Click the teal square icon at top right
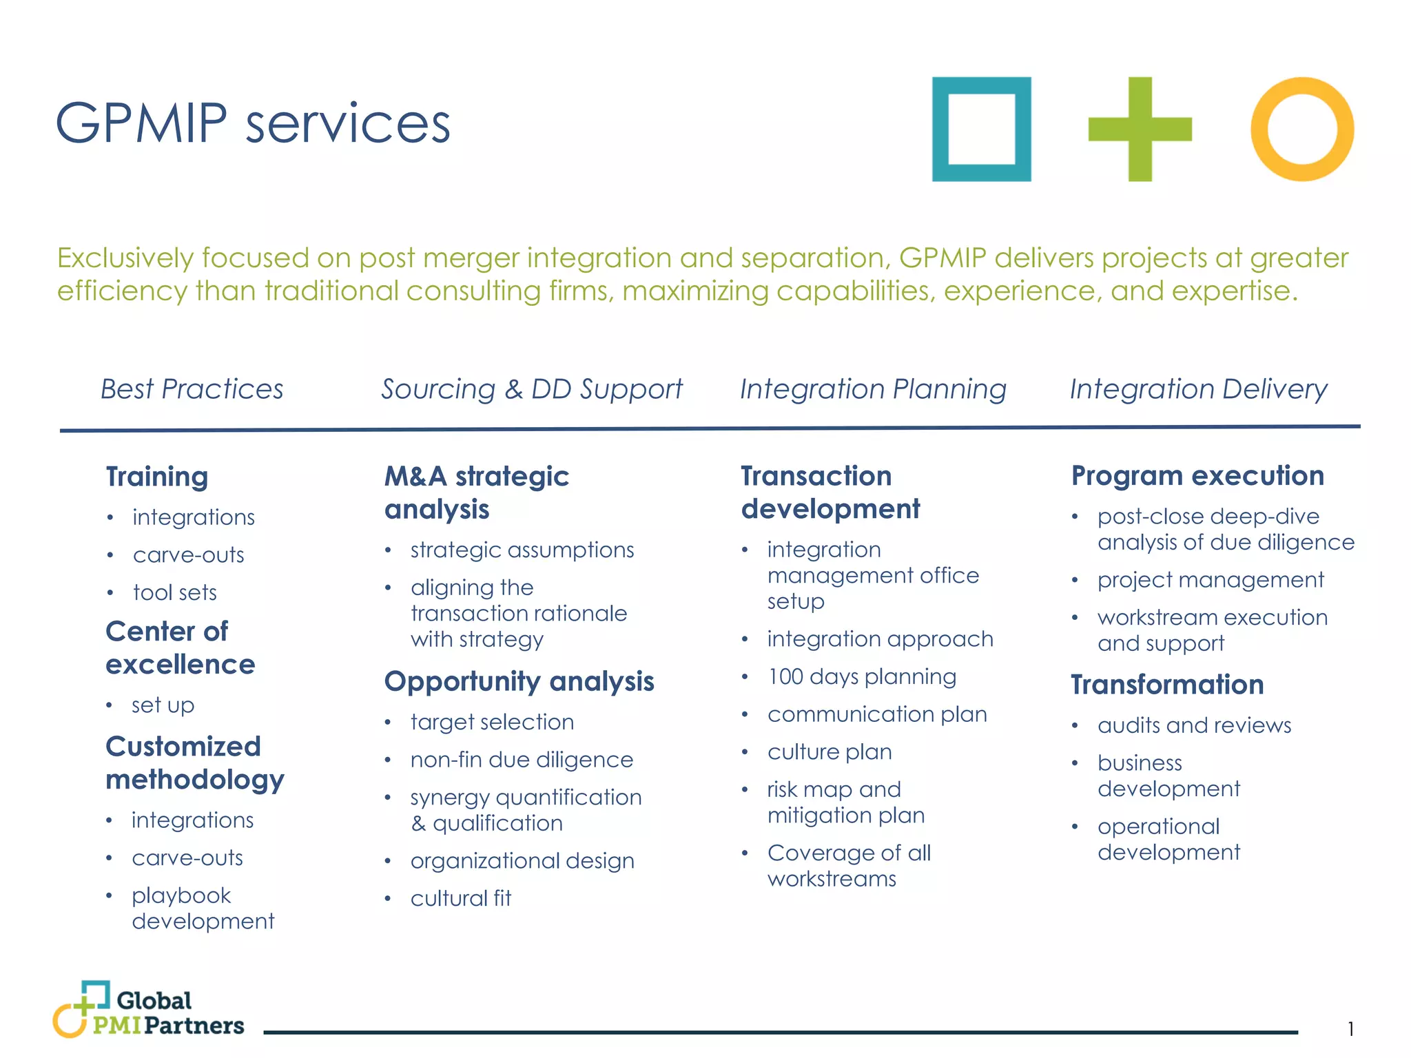click(981, 129)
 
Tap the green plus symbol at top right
click(1140, 129)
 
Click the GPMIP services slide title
click(253, 123)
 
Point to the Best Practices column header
click(192, 389)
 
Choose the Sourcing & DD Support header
click(532, 389)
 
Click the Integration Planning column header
click(873, 389)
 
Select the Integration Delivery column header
click(1198, 389)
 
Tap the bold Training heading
click(157, 477)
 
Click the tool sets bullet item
click(175, 592)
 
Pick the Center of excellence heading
click(180, 647)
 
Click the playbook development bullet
click(203, 908)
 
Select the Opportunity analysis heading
click(519, 681)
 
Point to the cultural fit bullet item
click(461, 898)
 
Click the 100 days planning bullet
click(862, 676)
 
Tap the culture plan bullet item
click(830, 751)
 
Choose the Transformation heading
click(1167, 685)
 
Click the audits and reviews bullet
click(1194, 725)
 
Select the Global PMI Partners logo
click(149, 1010)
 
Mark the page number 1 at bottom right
click(1350, 1029)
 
